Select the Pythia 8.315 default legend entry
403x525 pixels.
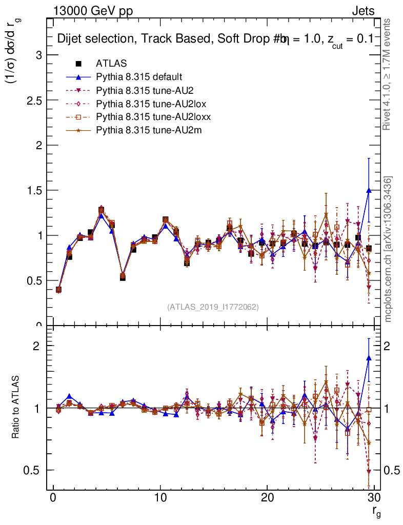point(139,77)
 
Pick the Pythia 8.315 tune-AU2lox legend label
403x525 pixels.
point(148,104)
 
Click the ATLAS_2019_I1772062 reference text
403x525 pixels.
point(213,307)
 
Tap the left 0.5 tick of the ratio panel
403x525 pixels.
point(34,470)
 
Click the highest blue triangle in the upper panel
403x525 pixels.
point(369,190)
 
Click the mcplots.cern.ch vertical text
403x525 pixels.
point(389,249)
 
